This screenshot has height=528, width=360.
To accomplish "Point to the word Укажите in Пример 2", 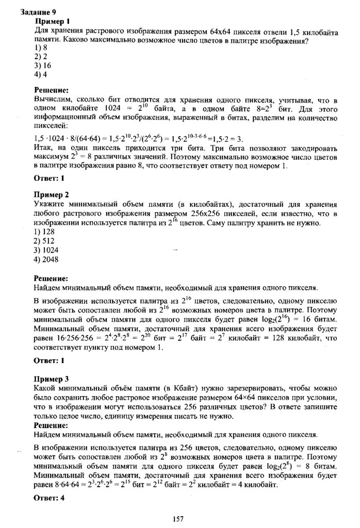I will [x=50, y=204].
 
